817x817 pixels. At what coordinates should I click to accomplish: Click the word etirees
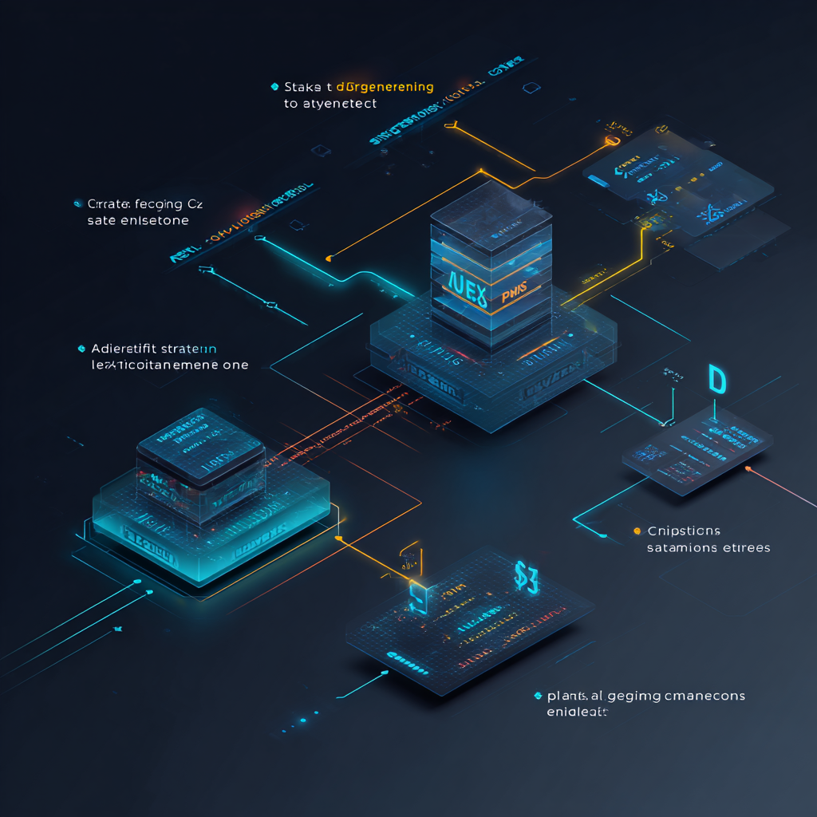[744, 548]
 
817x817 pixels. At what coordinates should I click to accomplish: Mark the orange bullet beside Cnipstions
[637, 531]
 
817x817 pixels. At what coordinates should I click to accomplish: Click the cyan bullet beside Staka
[274, 86]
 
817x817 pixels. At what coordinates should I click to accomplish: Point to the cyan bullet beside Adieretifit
[81, 349]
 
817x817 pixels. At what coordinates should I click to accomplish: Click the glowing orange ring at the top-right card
[613, 140]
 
